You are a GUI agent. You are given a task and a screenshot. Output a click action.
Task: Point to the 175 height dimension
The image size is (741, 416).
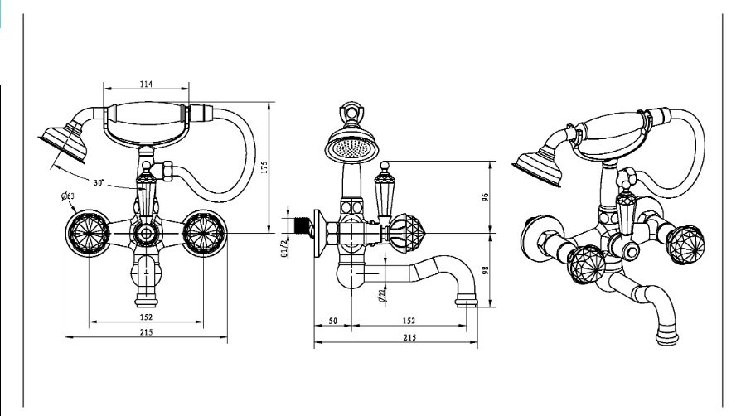coord(263,167)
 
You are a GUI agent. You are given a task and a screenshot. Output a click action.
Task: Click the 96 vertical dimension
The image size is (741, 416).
coord(486,197)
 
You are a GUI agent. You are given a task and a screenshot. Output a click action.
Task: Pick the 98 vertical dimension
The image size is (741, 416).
coord(486,268)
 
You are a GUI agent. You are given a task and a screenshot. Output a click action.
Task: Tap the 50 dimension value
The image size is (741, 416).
coord(333,321)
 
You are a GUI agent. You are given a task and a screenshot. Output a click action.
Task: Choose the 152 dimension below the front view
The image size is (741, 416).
coord(145,317)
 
